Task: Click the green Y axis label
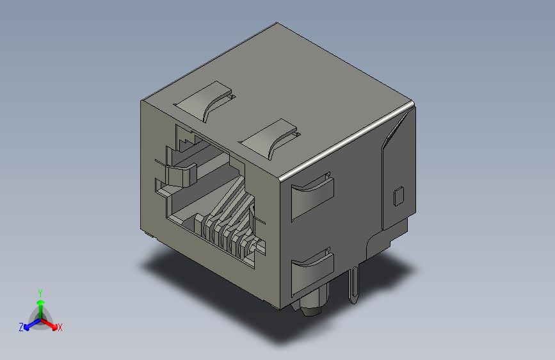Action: [40, 291]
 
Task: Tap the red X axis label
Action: [60, 327]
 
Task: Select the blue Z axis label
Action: [21, 327]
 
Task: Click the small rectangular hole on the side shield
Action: [398, 195]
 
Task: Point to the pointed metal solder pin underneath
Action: [354, 285]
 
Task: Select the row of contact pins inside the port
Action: [227, 234]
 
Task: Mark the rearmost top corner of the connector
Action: [277, 24]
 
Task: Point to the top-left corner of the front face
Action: [142, 101]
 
